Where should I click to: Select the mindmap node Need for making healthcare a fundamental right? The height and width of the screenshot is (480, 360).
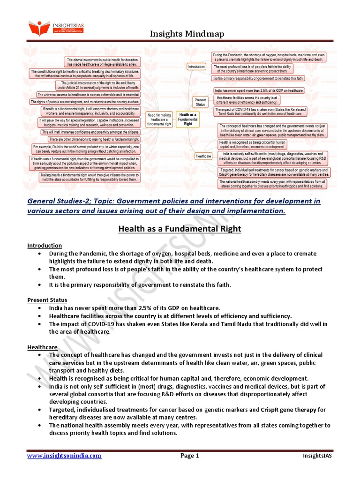coord(159,119)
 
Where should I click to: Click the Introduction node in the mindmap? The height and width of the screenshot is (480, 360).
coord(196,67)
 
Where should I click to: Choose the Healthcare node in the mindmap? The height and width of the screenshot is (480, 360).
coord(204,156)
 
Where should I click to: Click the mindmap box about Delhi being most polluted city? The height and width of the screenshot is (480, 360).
coord(86,150)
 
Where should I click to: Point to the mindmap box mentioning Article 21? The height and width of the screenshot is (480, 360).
coord(97,85)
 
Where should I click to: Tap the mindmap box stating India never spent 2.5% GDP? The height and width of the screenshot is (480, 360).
coord(259,90)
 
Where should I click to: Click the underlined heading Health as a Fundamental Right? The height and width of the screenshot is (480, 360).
coord(180,229)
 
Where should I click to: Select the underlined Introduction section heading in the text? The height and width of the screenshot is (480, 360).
coord(45,245)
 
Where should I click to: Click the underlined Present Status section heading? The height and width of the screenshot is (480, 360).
coord(47,300)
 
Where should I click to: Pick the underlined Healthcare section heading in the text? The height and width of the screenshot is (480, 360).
coord(42,347)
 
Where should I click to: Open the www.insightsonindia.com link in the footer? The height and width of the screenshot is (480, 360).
coord(64,455)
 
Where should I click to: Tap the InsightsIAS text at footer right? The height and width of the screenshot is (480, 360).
coord(318,455)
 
